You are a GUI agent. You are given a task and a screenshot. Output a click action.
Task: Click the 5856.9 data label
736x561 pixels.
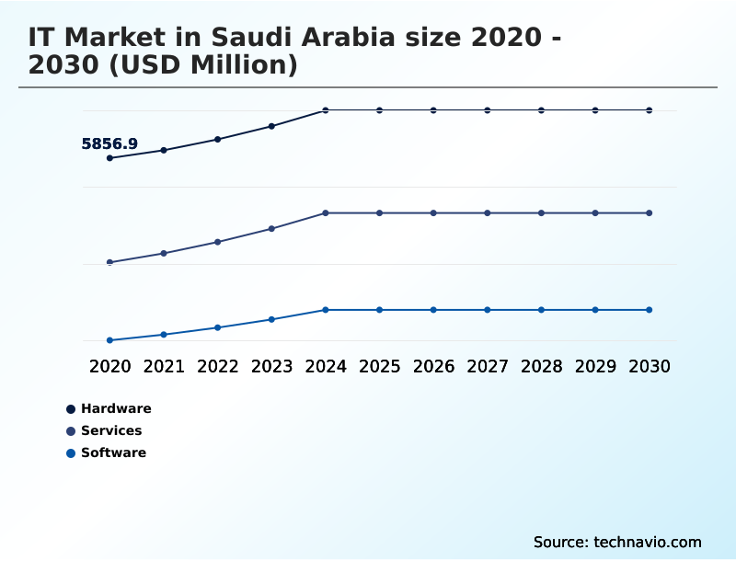coord(109,143)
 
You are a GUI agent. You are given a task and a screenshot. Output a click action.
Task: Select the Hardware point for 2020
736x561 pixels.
coord(109,158)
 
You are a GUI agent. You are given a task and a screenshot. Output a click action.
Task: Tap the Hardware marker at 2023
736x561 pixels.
coord(271,126)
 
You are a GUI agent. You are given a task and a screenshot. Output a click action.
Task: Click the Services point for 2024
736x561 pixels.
coord(326,213)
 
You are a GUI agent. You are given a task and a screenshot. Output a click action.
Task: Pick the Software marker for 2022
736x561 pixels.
coord(218,327)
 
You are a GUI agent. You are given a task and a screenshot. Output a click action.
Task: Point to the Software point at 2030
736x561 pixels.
coord(650,310)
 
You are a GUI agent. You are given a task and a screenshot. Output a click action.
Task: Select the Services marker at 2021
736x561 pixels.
coord(164,253)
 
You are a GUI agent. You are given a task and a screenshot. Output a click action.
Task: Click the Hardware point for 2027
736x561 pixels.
coord(488,110)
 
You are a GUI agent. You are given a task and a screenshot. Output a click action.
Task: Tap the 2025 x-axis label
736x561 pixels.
coord(379,366)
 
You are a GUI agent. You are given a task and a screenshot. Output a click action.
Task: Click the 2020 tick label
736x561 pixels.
coord(109,366)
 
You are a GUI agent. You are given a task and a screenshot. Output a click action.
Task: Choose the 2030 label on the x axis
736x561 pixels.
coord(650,366)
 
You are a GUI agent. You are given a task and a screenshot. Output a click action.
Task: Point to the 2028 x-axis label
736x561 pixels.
coord(541,366)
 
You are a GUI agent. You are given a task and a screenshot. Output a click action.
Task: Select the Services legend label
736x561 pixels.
coord(111,430)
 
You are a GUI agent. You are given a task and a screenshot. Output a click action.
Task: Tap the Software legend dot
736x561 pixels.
coord(71,452)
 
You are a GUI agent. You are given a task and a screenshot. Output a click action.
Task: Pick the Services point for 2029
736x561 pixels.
coord(595,213)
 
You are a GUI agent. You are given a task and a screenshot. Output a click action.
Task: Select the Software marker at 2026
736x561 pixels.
coord(433,310)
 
